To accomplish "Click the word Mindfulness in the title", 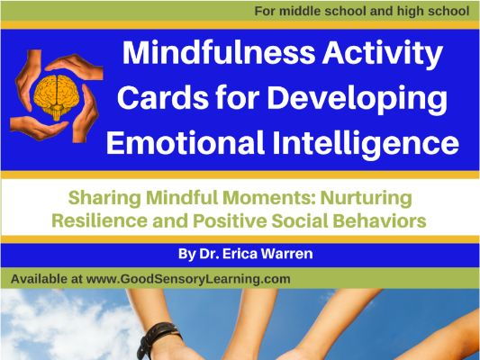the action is click(x=219, y=52).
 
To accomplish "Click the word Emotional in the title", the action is click(x=186, y=142).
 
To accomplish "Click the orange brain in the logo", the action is click(x=57, y=95).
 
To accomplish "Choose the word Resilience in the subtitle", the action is click(x=99, y=220).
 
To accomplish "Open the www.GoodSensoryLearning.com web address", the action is click(x=188, y=280).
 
